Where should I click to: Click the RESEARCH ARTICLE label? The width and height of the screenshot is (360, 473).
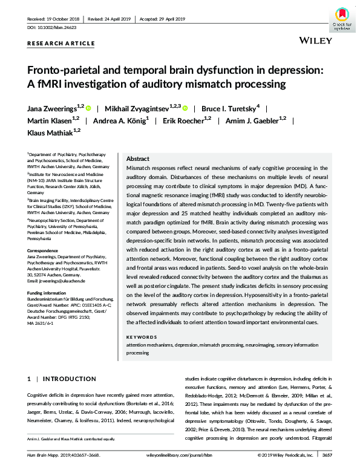61,44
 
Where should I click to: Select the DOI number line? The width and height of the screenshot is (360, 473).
49,28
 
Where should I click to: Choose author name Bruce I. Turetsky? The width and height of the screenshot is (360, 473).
230,109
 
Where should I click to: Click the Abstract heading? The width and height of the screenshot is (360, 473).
137,158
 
